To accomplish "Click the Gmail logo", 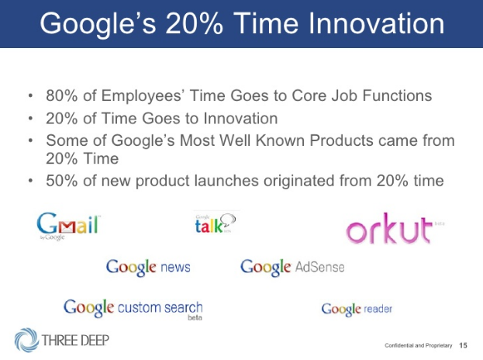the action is (x=68, y=227).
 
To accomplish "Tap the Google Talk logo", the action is (x=216, y=223).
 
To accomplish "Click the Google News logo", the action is (x=148, y=268).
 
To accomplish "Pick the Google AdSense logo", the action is (x=292, y=267).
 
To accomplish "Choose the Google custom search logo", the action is (x=133, y=309).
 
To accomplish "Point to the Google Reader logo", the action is (x=357, y=309).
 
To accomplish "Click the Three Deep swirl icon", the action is (x=26, y=340).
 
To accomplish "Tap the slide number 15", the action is (x=463, y=345).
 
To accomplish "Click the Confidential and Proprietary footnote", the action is (x=419, y=345).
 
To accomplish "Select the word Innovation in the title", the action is (x=377, y=24).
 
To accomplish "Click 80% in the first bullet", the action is (x=61, y=95).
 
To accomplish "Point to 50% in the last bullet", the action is (x=61, y=181).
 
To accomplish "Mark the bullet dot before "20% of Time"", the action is (x=30, y=119).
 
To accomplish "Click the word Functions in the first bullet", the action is (x=397, y=95).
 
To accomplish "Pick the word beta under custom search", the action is (x=195, y=317).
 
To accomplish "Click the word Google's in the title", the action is (x=98, y=25).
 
